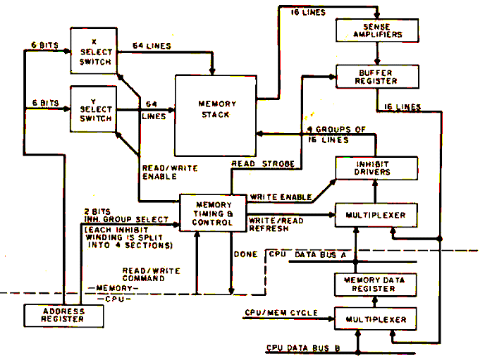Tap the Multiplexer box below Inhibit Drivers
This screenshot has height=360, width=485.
pos(371,214)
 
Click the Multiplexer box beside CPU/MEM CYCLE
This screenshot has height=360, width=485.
pos(371,319)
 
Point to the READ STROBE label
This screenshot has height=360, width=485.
pos(264,163)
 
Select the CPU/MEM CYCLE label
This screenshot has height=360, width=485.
pos(281,311)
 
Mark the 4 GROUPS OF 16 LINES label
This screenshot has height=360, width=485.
pos(337,135)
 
